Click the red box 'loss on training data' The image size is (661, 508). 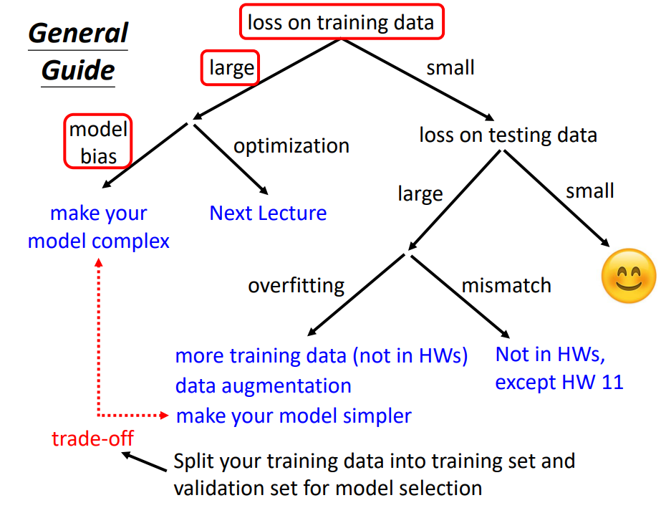[342, 22]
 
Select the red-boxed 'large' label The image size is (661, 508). [230, 67]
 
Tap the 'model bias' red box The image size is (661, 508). [98, 142]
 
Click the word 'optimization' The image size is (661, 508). [291, 146]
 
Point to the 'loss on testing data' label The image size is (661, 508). [508, 135]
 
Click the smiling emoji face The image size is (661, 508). [629, 276]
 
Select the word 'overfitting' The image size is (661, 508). [296, 286]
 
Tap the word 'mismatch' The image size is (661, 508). [506, 285]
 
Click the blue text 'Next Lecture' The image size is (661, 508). [268, 213]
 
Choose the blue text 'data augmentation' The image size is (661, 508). [263, 386]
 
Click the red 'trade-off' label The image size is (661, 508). [92, 438]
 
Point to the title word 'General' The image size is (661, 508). [78, 33]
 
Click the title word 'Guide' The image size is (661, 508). [78, 70]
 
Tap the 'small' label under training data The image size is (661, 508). [450, 68]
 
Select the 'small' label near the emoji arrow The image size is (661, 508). [590, 191]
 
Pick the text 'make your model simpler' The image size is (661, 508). [294, 416]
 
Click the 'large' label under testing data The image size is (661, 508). [420, 194]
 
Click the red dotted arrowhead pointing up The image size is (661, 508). [99, 262]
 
